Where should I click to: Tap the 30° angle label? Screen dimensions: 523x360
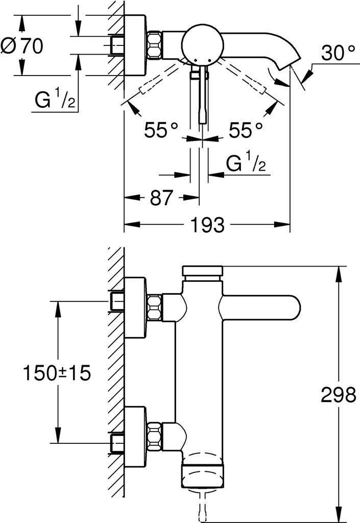[x=337, y=53]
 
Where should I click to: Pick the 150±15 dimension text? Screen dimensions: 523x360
[x=56, y=373]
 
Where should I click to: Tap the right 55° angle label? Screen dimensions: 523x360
[x=246, y=130]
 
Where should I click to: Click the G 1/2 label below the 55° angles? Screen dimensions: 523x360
[x=245, y=164]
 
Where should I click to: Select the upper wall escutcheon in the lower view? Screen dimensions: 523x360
[x=135, y=308]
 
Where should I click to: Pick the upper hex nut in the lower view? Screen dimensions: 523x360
[x=155, y=308]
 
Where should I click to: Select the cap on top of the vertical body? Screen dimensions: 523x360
[x=203, y=272]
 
